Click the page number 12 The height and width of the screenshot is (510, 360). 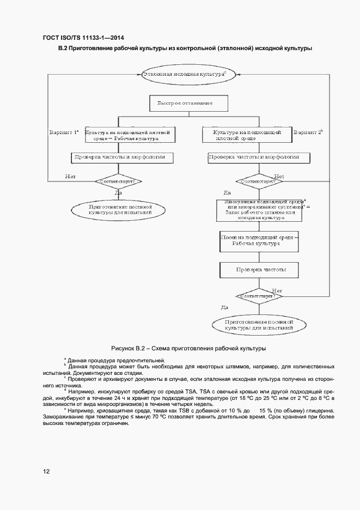pos(46,471)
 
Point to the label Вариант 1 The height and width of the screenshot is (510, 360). pos(64,132)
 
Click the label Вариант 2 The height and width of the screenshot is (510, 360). pos(308,132)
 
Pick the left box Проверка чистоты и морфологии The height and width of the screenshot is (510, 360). pos(123,157)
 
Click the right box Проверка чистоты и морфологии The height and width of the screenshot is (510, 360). pos(259,157)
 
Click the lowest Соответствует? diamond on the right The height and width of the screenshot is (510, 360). pos(259,295)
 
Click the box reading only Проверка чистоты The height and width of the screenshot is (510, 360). pos(259,270)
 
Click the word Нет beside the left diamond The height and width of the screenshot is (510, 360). pos(70,176)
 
